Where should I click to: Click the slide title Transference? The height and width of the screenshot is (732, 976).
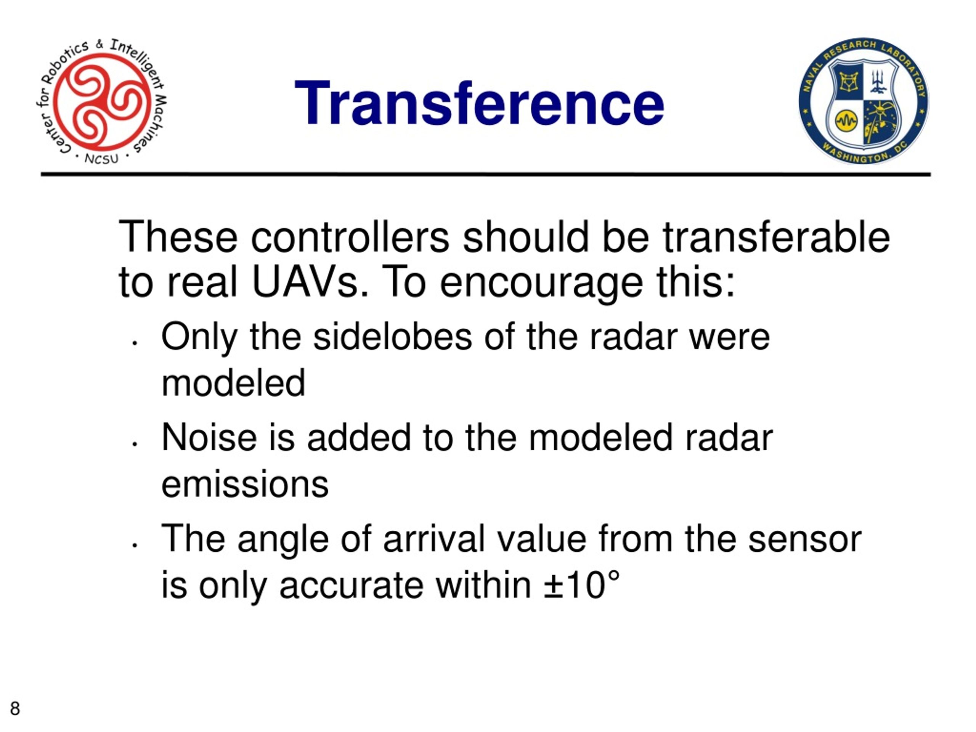(x=479, y=104)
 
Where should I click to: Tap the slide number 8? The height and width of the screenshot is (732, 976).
(x=15, y=708)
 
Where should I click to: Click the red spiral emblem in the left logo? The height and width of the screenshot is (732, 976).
(x=102, y=101)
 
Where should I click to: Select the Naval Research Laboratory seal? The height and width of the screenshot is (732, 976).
(x=864, y=101)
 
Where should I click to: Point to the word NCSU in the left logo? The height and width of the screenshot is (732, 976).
(x=101, y=158)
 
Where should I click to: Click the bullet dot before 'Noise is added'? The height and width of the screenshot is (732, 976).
(x=135, y=444)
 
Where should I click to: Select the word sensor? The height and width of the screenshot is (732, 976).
(x=805, y=539)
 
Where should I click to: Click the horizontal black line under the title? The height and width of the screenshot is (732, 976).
(x=486, y=174)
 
